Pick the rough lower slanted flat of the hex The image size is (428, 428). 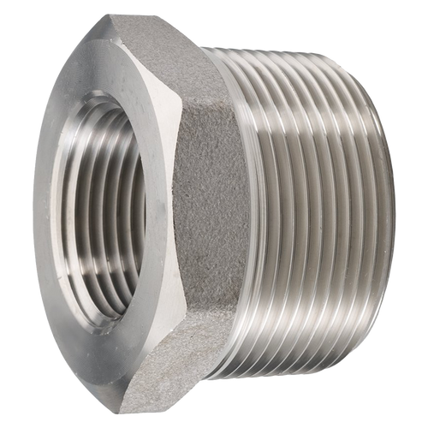(x=171, y=377)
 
